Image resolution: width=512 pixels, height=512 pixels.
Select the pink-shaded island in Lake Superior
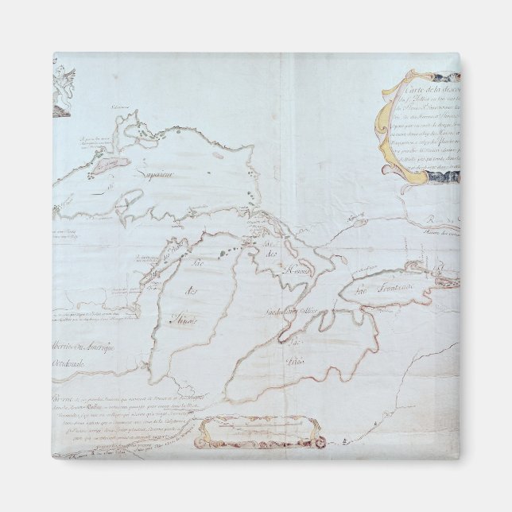click(110, 165)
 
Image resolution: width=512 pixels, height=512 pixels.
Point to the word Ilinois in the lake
click(184, 320)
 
